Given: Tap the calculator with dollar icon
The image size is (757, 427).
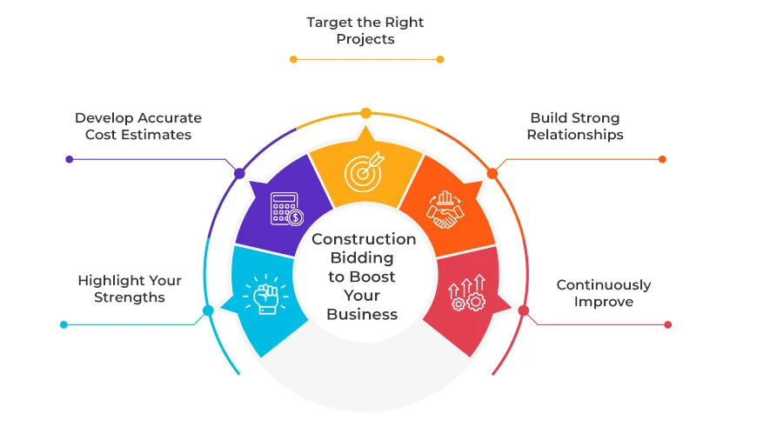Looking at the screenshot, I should [x=286, y=209].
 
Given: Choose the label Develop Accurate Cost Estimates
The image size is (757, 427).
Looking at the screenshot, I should [x=138, y=126].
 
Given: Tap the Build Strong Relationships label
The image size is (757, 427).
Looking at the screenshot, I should [x=575, y=126].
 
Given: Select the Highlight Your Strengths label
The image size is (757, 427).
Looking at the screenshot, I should [x=130, y=289].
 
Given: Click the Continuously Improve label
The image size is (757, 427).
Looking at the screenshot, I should [x=604, y=293].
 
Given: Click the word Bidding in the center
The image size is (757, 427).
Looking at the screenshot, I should [x=364, y=257].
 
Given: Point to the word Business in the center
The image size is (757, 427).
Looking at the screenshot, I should [x=364, y=314].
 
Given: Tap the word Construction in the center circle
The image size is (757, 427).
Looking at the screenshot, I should [x=364, y=239].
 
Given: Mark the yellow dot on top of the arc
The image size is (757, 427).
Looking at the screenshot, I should [x=366, y=112].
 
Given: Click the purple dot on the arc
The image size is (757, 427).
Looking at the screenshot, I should [x=239, y=173].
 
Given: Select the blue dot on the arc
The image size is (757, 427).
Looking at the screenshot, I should [x=208, y=310].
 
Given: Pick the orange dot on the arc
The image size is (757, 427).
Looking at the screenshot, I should [x=492, y=173].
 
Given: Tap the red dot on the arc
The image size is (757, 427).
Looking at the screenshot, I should [x=523, y=310].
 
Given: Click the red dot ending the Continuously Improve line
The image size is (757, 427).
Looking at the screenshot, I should [x=668, y=324].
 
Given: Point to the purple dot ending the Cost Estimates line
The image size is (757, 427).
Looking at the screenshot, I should [x=70, y=159].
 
